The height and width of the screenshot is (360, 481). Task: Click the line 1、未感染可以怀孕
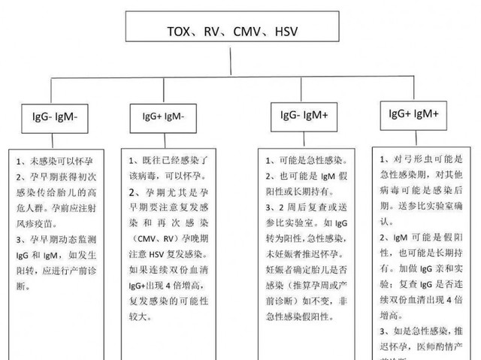[61, 162]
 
